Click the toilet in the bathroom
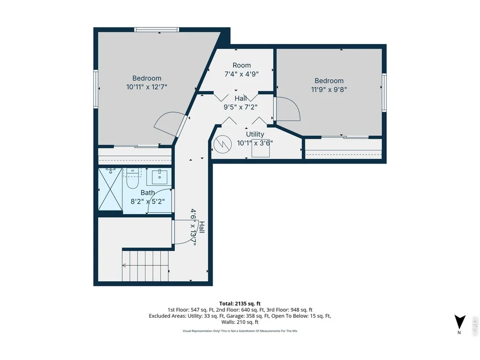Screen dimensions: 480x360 click(133, 180)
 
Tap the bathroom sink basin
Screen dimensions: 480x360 click(159, 177)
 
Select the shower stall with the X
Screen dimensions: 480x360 click(110, 189)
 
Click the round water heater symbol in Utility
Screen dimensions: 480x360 click(223, 144)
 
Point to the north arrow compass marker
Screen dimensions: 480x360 click(459, 322)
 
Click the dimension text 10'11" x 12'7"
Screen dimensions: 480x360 click(147, 87)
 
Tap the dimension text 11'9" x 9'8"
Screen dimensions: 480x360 click(329, 90)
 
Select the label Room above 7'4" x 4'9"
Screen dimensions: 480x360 click(241, 65)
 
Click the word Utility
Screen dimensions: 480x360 click(255, 134)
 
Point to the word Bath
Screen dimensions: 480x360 click(148, 193)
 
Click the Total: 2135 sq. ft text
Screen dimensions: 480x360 click(240, 304)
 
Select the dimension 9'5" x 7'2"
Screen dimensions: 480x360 click(240, 107)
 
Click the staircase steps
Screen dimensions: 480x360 click(145, 266)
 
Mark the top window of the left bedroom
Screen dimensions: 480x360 click(156, 30)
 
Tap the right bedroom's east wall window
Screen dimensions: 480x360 click(384, 92)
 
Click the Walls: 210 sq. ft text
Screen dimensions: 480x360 click(240, 322)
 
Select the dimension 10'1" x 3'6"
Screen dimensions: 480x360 click(255, 143)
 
